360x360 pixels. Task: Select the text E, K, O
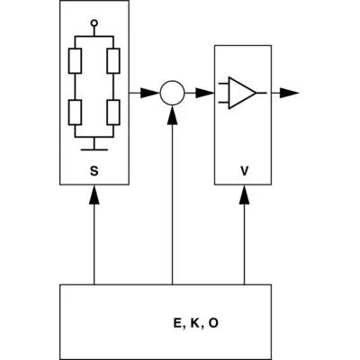(x=193, y=321)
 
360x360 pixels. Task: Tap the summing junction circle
(x=171, y=92)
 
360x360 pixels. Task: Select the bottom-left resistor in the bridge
(x=76, y=112)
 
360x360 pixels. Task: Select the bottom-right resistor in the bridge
(x=112, y=112)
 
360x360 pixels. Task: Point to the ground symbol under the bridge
(x=94, y=143)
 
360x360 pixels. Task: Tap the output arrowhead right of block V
(x=290, y=92)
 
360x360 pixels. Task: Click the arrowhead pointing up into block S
(x=94, y=193)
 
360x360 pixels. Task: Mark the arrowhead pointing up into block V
(x=244, y=193)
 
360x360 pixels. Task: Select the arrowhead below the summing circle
(x=171, y=112)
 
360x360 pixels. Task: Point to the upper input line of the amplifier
(x=223, y=86)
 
